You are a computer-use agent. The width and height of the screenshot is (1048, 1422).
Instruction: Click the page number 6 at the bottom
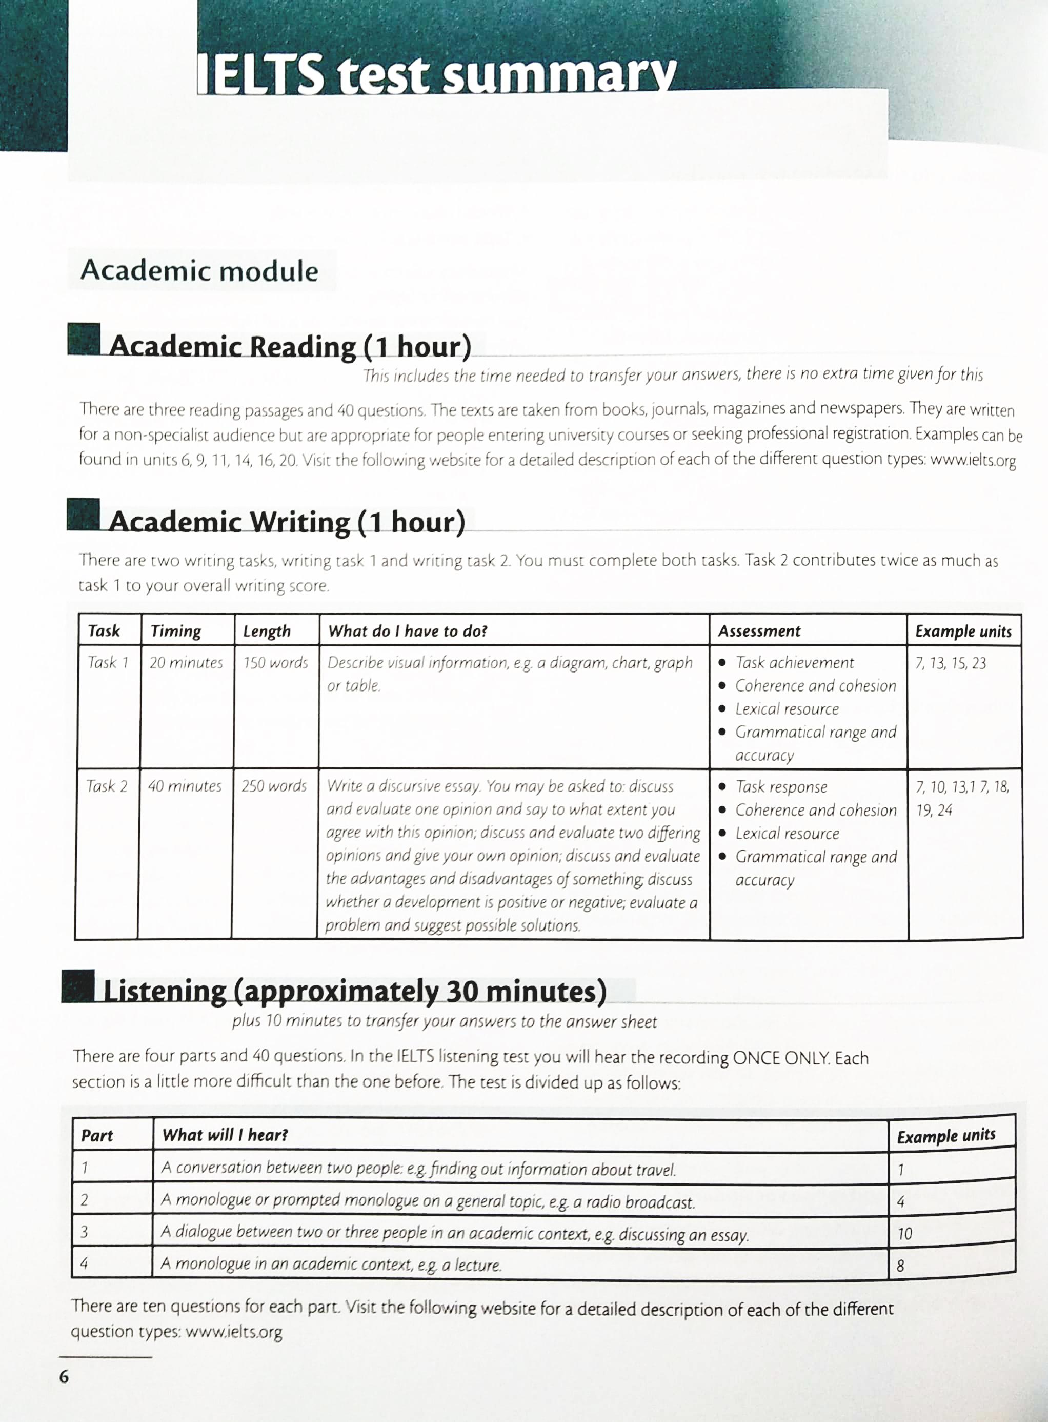[x=64, y=1377]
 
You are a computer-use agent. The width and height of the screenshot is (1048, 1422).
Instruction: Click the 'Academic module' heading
[x=199, y=271]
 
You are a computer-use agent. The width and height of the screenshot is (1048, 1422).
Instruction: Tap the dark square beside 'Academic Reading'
[x=84, y=340]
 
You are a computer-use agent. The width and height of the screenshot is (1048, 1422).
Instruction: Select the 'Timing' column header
[x=176, y=631]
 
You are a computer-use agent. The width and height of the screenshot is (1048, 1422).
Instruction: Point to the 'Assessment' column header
[x=759, y=631]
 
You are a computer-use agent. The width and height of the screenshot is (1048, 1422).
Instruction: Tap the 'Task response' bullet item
[x=781, y=787]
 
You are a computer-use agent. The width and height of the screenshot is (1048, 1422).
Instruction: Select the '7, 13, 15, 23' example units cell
[x=950, y=664]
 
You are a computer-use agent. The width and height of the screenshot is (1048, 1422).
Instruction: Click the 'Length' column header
[x=267, y=631]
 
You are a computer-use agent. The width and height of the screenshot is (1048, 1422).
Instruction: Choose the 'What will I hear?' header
[x=225, y=1135]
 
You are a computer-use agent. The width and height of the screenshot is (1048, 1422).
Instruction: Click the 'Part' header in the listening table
[x=97, y=1136]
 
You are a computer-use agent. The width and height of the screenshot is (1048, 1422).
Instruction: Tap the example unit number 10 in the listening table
[x=904, y=1234]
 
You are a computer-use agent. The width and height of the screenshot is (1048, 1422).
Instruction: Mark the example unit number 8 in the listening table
[x=901, y=1267]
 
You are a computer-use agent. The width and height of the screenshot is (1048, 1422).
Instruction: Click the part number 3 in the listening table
[x=85, y=1232]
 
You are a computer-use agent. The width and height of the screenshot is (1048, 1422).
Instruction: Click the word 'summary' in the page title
[x=558, y=76]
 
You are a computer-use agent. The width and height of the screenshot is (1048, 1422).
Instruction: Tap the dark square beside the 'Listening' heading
[x=78, y=986]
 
